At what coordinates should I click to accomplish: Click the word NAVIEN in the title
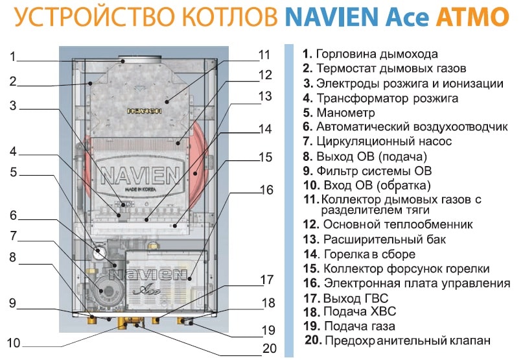point(332,16)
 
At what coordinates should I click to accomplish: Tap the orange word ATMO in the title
point(472,16)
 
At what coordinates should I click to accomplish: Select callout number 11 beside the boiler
point(264,54)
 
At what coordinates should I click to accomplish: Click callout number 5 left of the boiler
point(14,172)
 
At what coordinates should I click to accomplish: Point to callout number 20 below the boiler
point(270,348)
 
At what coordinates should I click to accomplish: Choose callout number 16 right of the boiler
point(266,189)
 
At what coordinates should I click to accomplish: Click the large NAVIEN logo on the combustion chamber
point(141,174)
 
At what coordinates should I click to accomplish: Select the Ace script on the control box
point(147,289)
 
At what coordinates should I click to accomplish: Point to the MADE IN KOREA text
point(141,189)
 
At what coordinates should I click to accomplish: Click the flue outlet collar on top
point(140,59)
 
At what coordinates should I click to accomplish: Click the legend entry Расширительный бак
point(375,239)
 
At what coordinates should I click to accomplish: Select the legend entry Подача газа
point(349,326)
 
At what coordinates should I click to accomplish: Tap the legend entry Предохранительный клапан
point(397,341)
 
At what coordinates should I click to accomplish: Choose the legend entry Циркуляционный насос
point(377,141)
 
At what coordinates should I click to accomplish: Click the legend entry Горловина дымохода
point(370,54)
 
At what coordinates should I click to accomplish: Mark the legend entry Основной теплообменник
point(388,224)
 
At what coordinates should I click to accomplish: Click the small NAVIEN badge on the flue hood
point(145,111)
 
